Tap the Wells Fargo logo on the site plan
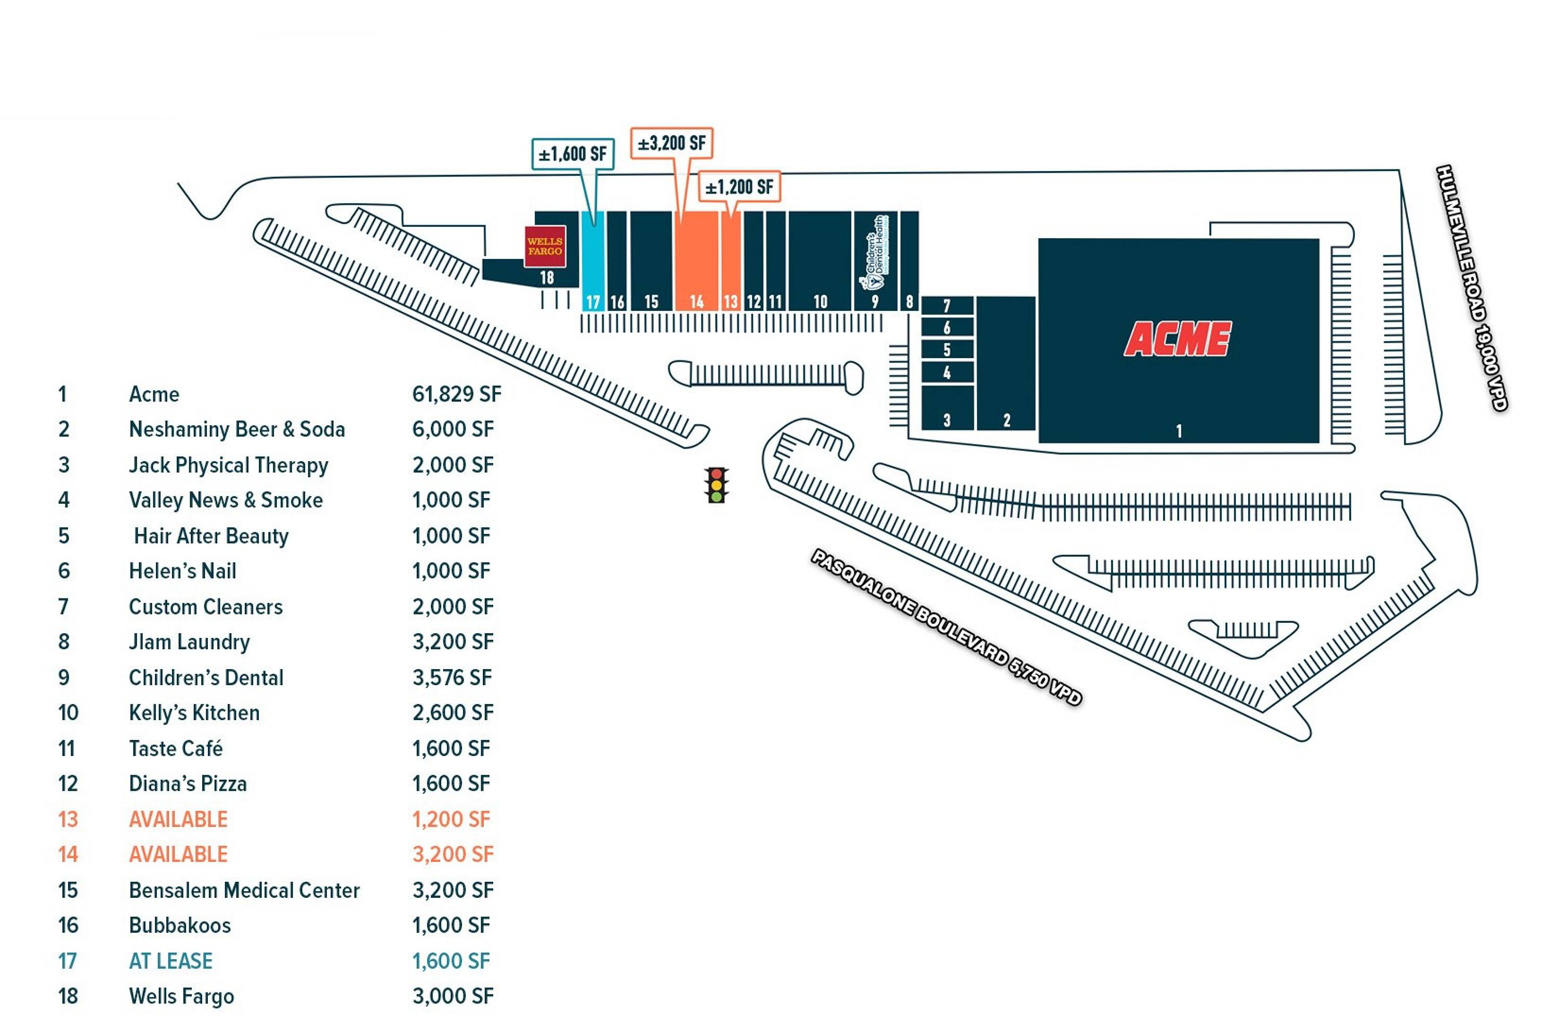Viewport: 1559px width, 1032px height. click(x=545, y=246)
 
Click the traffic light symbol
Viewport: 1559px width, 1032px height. click(x=716, y=485)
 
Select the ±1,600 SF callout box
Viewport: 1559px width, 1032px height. click(x=572, y=154)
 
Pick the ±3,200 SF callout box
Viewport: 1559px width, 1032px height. click(x=671, y=143)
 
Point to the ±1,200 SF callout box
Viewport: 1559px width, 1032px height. click(x=739, y=187)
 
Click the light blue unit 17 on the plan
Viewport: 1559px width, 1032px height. click(x=593, y=260)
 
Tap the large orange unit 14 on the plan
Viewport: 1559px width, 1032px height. click(x=696, y=260)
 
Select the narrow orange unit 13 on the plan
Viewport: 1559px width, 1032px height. click(x=731, y=260)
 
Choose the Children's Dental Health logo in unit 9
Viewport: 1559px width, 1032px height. click(x=876, y=253)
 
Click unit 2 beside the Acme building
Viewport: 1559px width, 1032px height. click(x=1006, y=363)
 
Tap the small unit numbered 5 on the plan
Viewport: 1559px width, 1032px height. click(x=947, y=349)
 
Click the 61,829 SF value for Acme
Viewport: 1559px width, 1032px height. click(x=456, y=394)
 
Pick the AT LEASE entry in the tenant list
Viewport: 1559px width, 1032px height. click(x=170, y=961)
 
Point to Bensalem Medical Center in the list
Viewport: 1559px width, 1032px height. click(x=244, y=891)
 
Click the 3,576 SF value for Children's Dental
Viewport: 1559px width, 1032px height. click(x=452, y=678)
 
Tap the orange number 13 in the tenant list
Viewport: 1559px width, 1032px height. click(x=68, y=819)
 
